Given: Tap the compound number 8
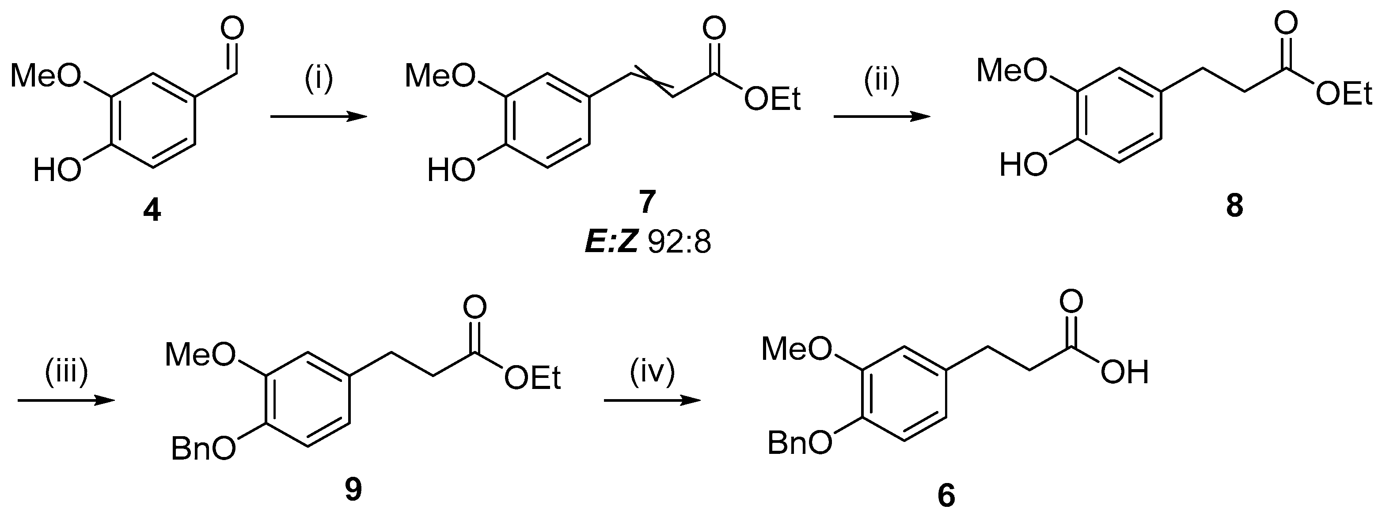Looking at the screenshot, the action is point(1234,206).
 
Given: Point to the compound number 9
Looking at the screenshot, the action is point(353,490).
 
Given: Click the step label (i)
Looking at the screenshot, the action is point(319,78).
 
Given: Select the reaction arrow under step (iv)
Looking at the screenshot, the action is point(652,400).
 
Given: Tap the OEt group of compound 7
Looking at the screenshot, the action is point(773,100).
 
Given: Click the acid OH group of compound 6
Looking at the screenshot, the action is point(1124,372).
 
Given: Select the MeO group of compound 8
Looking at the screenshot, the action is point(1012,71).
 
